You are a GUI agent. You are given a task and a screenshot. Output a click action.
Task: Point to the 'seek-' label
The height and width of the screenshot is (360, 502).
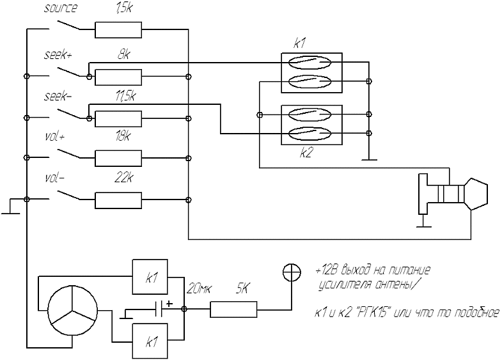point(58,97)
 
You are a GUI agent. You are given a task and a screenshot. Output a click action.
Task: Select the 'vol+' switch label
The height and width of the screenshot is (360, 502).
point(56,136)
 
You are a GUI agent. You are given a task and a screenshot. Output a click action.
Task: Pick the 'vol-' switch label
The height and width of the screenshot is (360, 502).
point(56,177)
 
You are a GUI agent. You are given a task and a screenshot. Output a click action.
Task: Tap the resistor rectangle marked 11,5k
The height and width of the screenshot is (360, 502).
point(118,118)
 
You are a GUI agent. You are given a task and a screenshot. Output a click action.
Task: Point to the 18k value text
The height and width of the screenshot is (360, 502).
point(123,137)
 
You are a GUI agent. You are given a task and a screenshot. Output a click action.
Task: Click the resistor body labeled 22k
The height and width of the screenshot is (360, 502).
point(118,200)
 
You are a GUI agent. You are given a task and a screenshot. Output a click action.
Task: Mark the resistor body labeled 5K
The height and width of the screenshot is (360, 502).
point(234,309)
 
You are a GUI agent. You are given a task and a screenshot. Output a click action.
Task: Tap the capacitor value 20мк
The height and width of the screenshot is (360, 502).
point(198,290)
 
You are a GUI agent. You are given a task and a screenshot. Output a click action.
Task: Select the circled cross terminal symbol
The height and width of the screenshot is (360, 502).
point(292,272)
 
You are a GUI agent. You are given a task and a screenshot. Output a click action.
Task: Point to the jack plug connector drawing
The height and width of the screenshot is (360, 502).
point(453,194)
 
